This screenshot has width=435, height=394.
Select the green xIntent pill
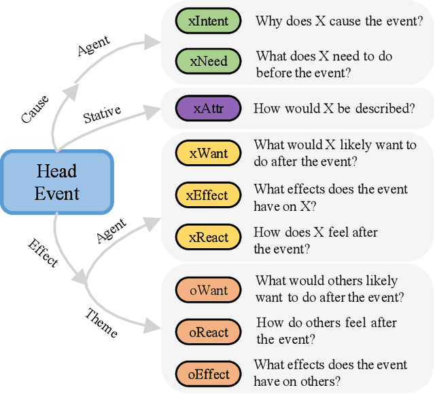pyautogui.click(x=208, y=21)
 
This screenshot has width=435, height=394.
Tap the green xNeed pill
pyautogui.click(x=208, y=62)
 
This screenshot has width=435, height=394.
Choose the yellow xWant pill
pyautogui.click(x=208, y=153)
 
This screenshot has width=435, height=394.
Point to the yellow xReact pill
pyautogui.click(x=207, y=237)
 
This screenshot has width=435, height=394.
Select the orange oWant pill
pyautogui.click(x=208, y=290)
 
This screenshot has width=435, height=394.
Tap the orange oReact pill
pyautogui.click(x=207, y=332)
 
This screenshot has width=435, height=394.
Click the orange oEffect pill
pyautogui.click(x=207, y=374)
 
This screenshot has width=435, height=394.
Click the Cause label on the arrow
pyautogui.click(x=35, y=109)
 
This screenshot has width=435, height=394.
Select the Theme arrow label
pyautogui.click(x=102, y=323)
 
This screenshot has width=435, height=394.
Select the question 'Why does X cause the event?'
pyautogui.click(x=339, y=21)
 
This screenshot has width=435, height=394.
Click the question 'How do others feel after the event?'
pyautogui.click(x=326, y=331)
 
